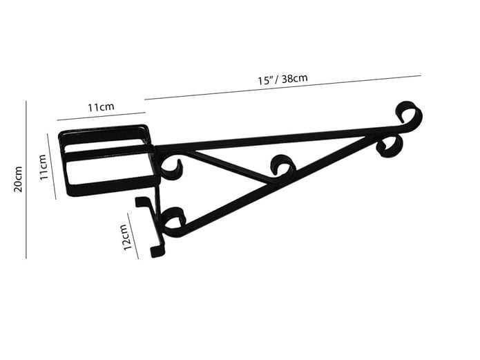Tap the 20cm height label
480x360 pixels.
point(19,179)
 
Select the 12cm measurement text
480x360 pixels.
point(127,237)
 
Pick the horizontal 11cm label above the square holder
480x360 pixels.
point(101,107)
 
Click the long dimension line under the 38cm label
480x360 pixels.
point(283,88)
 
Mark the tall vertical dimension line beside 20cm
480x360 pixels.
point(26,180)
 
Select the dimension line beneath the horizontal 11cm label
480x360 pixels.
point(102,117)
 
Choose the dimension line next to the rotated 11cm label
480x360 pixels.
point(51,167)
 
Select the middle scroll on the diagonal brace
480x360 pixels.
point(282,166)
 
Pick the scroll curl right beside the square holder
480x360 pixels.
point(171,167)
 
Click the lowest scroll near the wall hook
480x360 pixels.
point(173,219)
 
